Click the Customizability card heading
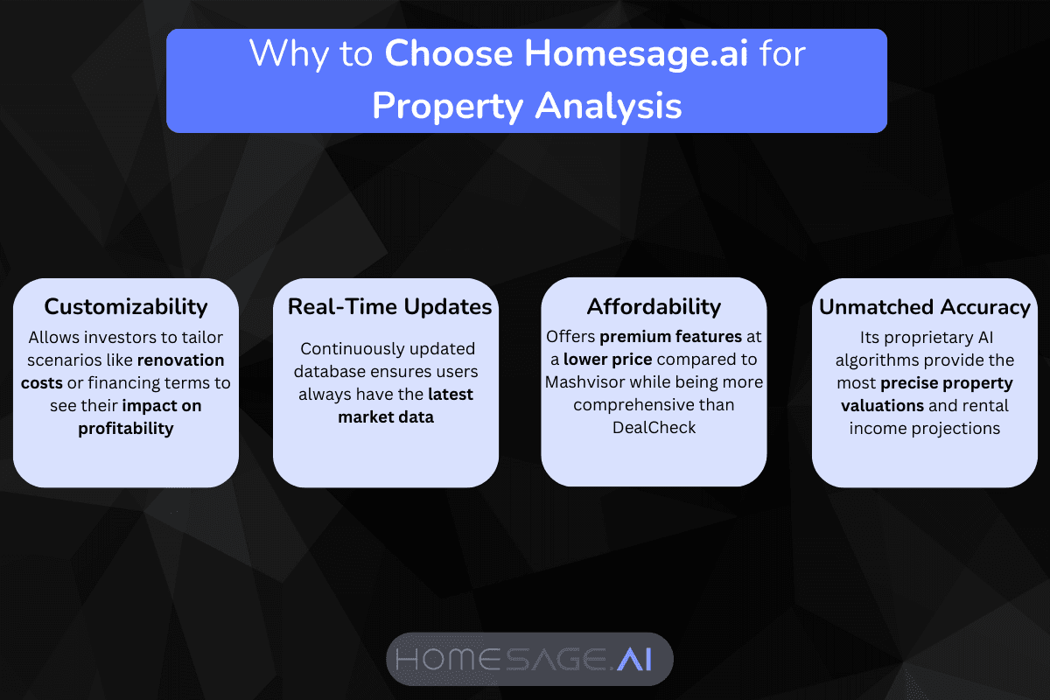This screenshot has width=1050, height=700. (126, 306)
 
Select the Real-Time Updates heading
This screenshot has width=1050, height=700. (389, 306)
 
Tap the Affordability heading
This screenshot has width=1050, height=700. (654, 306)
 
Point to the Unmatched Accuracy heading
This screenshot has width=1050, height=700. (924, 306)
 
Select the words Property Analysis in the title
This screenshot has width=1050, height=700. (527, 105)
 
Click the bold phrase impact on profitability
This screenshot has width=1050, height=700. (126, 416)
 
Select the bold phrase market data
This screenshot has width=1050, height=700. (386, 417)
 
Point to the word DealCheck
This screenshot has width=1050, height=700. (654, 428)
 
